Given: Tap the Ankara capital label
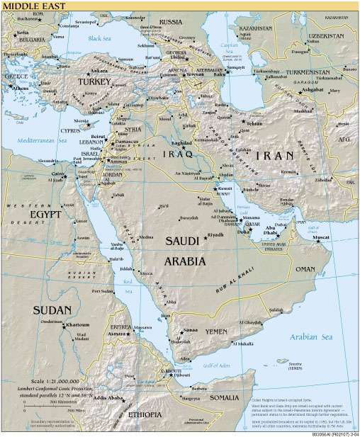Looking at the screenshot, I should point(98,71).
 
